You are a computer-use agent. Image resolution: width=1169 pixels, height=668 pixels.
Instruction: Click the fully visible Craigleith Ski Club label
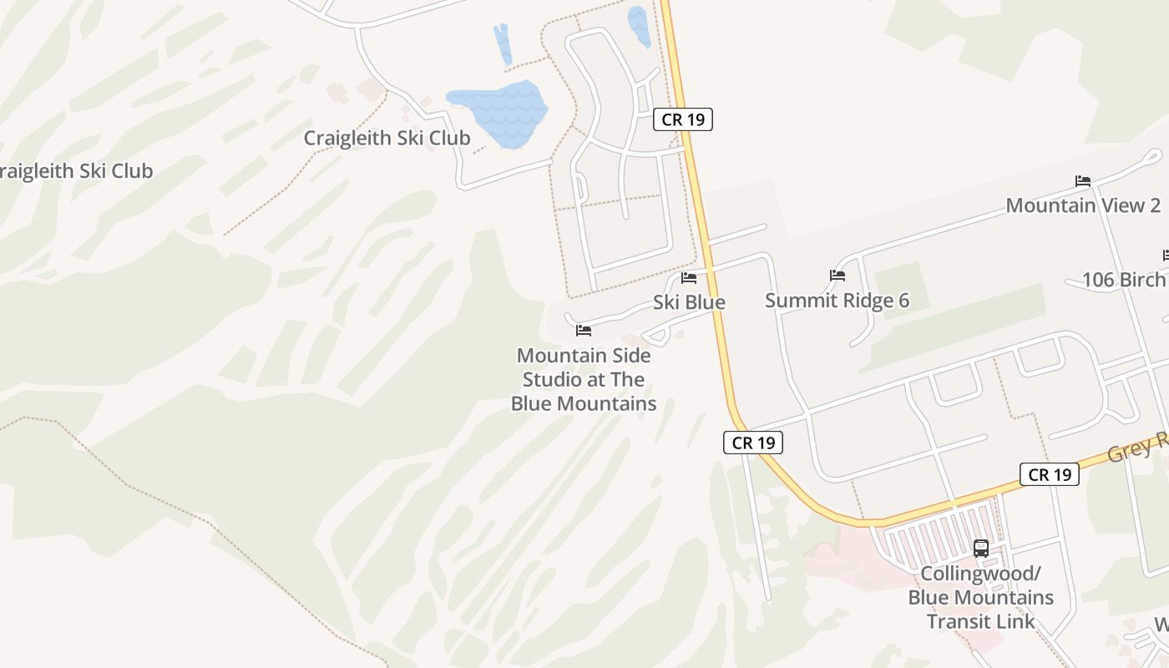(x=387, y=138)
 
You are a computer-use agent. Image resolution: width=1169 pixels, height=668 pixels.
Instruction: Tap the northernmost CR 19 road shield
(x=683, y=119)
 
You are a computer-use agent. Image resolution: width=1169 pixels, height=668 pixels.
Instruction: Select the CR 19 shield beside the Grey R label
(x=1050, y=474)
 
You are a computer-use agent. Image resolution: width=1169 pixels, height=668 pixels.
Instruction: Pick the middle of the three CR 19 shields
(x=753, y=443)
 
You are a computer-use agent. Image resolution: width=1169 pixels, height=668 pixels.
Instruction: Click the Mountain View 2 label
(x=1083, y=205)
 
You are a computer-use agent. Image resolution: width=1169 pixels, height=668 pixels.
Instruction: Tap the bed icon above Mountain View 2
(x=1083, y=181)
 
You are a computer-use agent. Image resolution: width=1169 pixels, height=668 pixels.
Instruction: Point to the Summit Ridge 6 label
(x=837, y=301)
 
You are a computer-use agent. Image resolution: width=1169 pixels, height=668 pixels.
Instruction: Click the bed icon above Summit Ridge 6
(x=838, y=276)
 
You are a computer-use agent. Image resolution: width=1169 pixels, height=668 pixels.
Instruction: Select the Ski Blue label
(x=689, y=302)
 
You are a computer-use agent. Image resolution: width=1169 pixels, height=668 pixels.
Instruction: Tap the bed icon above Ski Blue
(x=689, y=277)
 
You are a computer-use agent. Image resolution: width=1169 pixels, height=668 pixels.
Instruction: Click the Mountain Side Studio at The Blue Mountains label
(x=584, y=380)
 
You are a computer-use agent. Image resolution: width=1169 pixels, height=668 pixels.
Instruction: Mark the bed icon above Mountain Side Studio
(x=584, y=331)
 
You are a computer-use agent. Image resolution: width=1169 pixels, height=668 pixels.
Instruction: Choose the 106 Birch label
(x=1123, y=280)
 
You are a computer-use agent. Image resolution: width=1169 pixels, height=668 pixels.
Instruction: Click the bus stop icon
(x=981, y=549)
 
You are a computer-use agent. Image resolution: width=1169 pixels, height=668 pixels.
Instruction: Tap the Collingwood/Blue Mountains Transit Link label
(x=981, y=598)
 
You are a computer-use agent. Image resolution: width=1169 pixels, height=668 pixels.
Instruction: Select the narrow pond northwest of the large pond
(x=503, y=43)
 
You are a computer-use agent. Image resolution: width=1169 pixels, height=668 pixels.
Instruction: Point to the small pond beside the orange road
(x=640, y=26)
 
